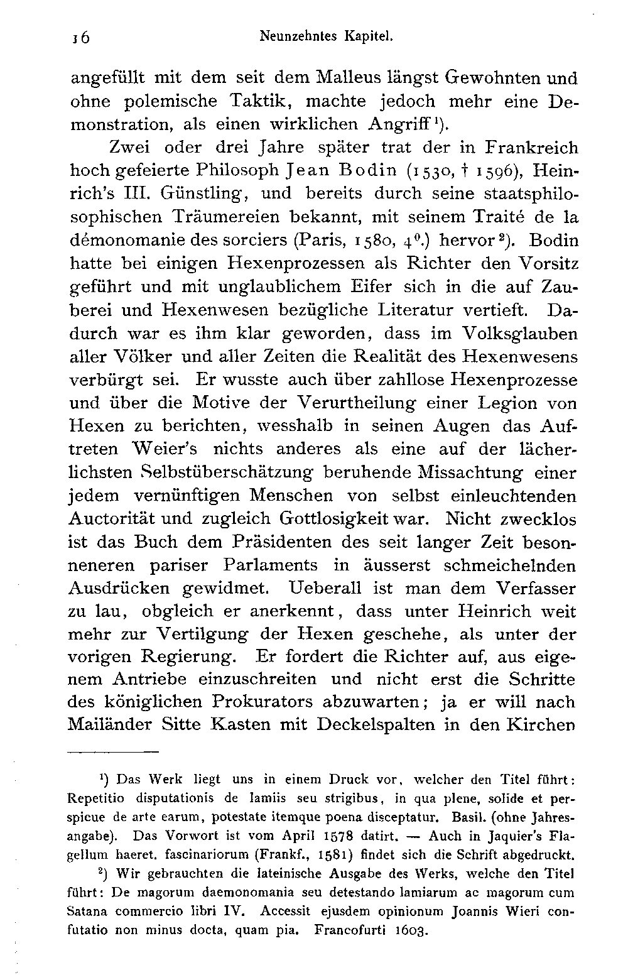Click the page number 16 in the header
click(81, 38)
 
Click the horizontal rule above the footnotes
click(113, 751)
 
